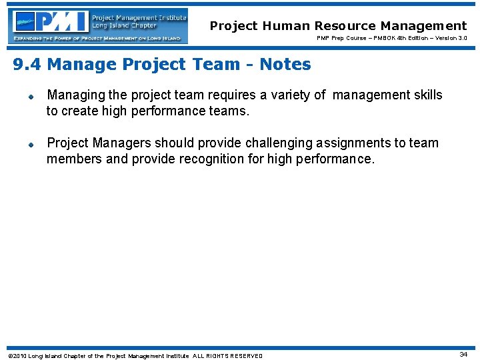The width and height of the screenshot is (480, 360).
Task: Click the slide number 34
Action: [463, 354]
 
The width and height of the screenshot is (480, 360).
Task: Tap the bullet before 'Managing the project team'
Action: [31, 96]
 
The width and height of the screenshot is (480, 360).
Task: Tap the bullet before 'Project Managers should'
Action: [31, 144]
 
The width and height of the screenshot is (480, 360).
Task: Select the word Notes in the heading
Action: [285, 65]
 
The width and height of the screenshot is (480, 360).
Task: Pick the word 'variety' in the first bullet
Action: [292, 95]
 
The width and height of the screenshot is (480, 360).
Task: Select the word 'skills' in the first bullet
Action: [426, 95]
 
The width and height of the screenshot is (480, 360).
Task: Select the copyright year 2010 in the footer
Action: [20, 356]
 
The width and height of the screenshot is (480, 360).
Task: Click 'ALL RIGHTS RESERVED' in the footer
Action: [227, 356]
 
